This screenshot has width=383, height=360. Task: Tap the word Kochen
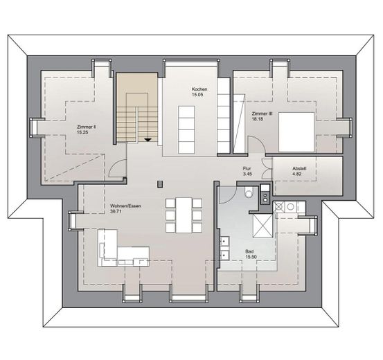click(x=200, y=89)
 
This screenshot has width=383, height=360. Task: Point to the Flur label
click(x=246, y=168)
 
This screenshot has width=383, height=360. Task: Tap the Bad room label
click(x=249, y=252)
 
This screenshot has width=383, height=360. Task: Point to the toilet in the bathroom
click(x=247, y=194)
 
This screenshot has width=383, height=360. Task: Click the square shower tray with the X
click(x=262, y=225)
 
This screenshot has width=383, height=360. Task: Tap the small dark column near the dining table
click(x=159, y=183)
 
